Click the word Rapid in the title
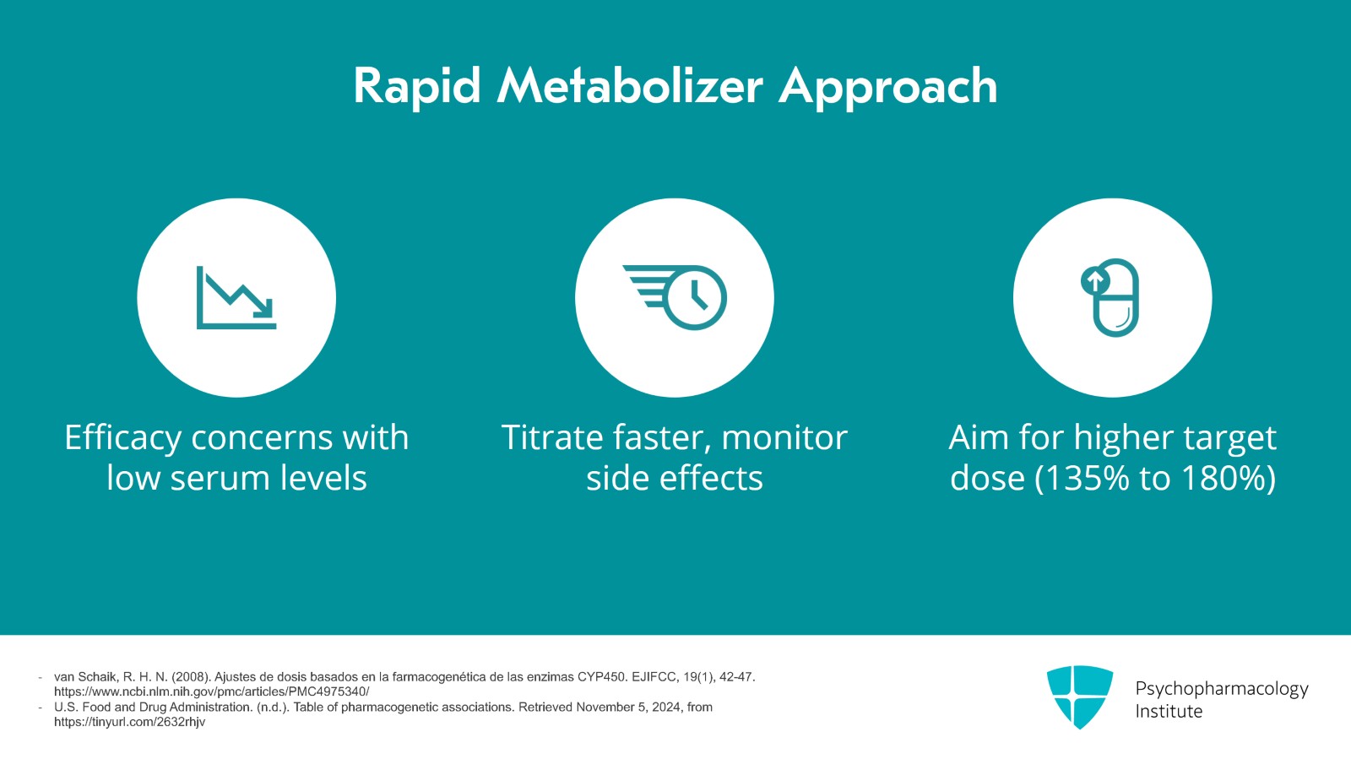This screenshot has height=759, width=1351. tap(417, 86)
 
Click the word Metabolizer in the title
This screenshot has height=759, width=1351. tap(630, 86)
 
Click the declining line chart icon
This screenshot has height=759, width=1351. tap(236, 298)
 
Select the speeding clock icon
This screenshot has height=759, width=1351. tap(675, 297)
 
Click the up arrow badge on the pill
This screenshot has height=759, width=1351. tap(1094, 280)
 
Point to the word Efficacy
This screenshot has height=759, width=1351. tap(122, 439)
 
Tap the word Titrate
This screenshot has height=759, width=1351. tap(552, 438)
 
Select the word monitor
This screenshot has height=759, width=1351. tap(784, 438)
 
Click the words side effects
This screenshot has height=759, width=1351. tap(674, 479)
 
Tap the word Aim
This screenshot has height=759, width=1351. tap(979, 438)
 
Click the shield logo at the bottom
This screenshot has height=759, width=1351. tap(1079, 697)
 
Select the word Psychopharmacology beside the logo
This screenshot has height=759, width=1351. tap(1221, 689)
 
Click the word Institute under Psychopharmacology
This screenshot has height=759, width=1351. tap(1168, 712)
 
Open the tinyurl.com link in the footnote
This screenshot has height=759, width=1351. tap(129, 723)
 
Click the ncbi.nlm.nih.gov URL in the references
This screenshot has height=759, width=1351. tap(211, 692)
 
